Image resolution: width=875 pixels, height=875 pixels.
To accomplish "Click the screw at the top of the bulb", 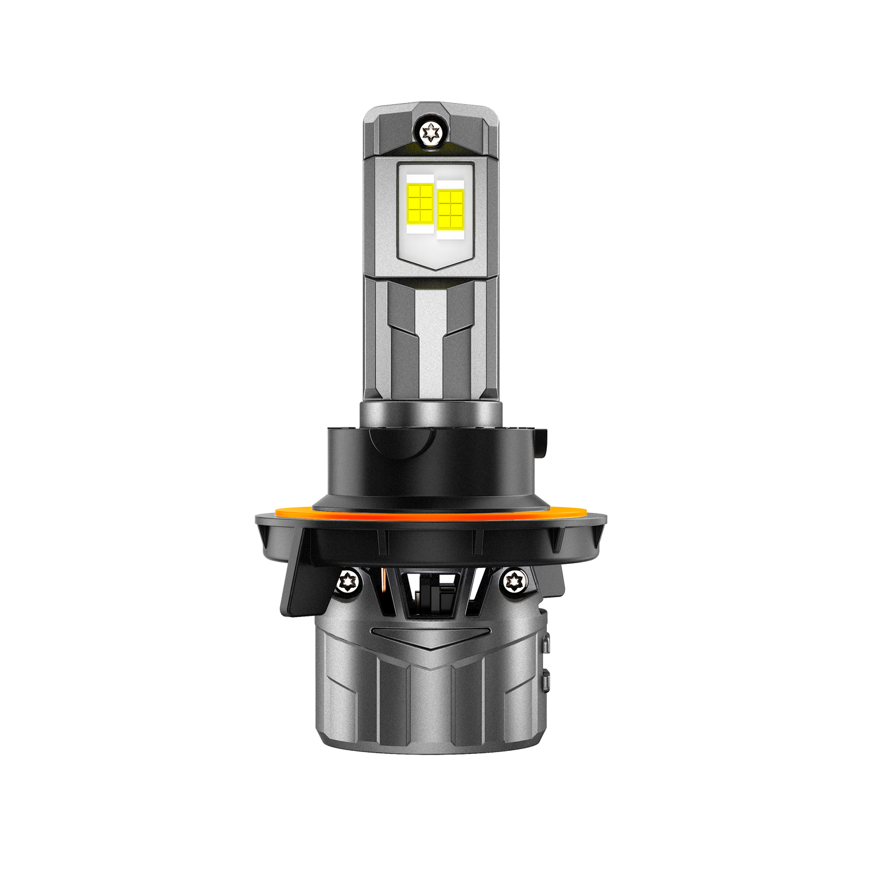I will [431, 131].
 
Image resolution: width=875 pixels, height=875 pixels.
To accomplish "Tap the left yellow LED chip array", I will [419, 202].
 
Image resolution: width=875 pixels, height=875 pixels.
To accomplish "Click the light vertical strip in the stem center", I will [431, 339].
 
